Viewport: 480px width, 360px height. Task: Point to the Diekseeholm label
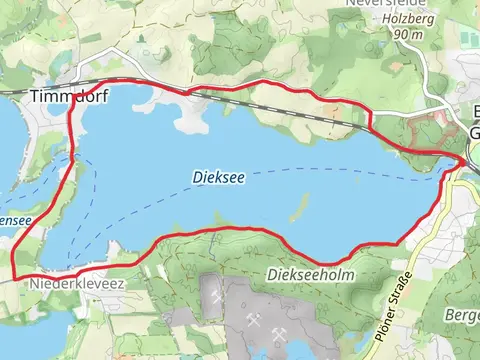311,274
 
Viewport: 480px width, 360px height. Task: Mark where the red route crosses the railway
187,92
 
